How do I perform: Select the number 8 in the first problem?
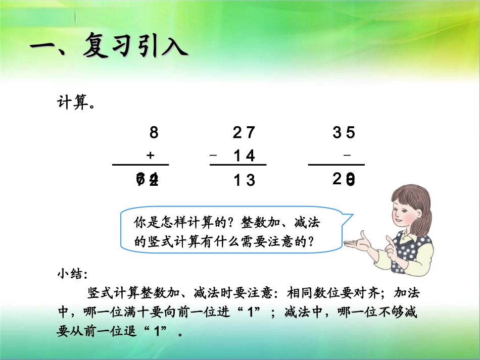pos(154,133)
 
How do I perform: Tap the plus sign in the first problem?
pos(150,156)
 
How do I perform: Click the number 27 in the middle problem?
pos(244,133)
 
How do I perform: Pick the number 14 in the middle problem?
pos(244,156)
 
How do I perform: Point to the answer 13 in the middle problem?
pos(244,180)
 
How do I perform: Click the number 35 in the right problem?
pos(344,133)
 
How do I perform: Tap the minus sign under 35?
pos(346,156)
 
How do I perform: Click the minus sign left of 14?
pos(213,156)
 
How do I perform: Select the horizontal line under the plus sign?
pos(140,165)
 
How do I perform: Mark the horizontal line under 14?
pos(237,165)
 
